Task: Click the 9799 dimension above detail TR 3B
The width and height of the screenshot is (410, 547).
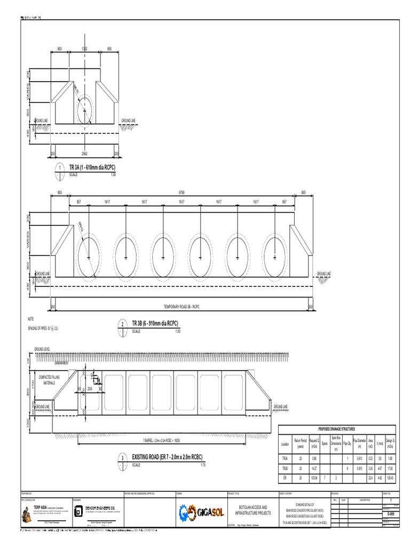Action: pyautogui.click(x=182, y=192)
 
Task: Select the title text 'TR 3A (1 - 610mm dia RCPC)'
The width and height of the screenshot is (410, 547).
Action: pyautogui.click(x=92, y=168)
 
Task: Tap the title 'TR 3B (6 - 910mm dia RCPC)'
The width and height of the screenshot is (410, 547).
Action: pyautogui.click(x=155, y=324)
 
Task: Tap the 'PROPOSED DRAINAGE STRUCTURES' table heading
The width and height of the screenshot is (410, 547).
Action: pyautogui.click(x=337, y=429)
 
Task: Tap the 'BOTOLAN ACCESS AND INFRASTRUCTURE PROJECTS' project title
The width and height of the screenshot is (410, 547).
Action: pyautogui.click(x=250, y=510)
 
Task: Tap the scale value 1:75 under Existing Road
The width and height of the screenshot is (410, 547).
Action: pyautogui.click(x=203, y=465)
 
